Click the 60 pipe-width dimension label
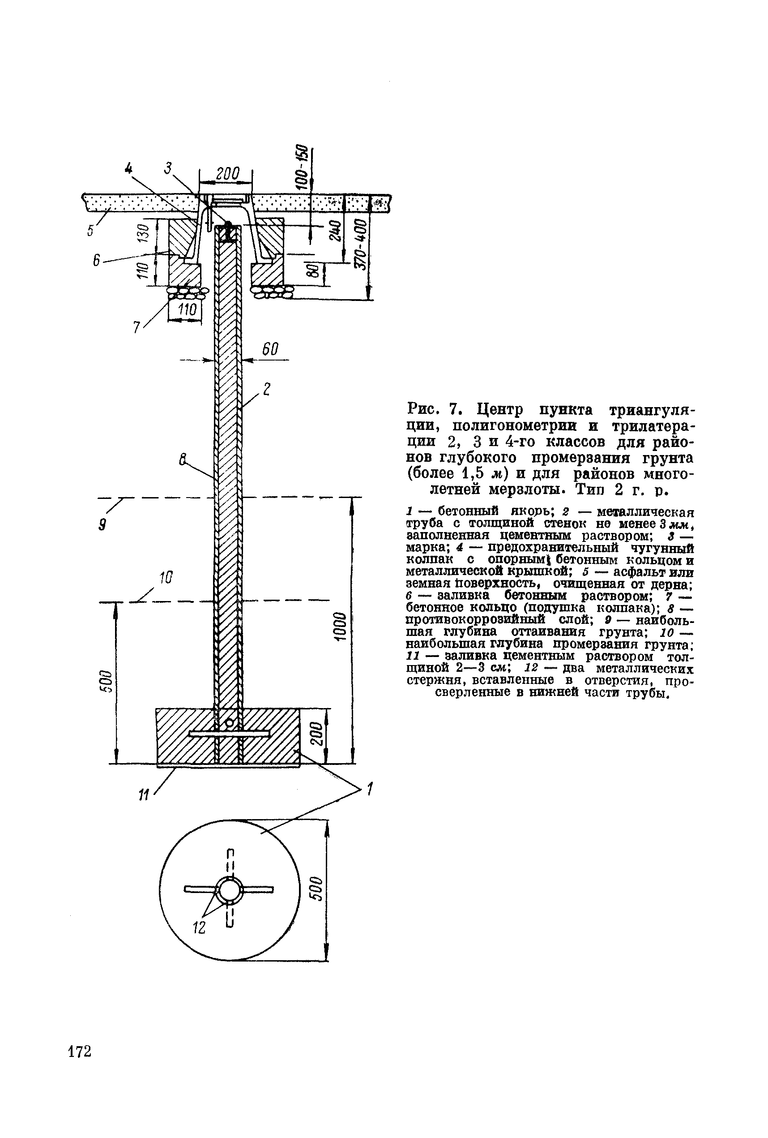tap(270, 349)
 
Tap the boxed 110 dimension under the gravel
tap(187, 309)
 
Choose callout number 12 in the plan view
tap(199, 928)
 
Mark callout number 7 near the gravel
tap(137, 326)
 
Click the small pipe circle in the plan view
tap(230, 890)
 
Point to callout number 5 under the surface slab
tap(90, 230)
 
